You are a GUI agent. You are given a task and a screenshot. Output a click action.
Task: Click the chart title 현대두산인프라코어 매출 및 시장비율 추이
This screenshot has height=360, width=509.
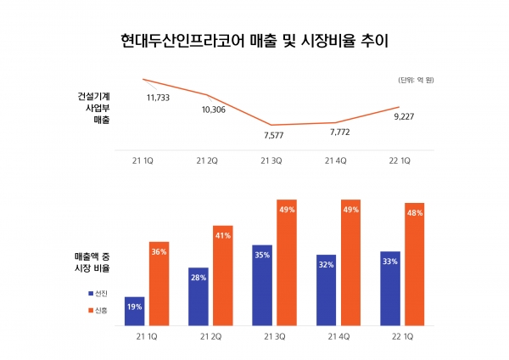point(255,41)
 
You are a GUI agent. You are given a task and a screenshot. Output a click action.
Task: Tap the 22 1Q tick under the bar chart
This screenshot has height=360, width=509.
point(400,337)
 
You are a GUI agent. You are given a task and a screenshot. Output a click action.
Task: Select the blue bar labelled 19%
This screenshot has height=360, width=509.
point(134,311)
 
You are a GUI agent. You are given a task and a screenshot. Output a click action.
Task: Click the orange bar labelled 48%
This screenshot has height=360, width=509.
point(416,264)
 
